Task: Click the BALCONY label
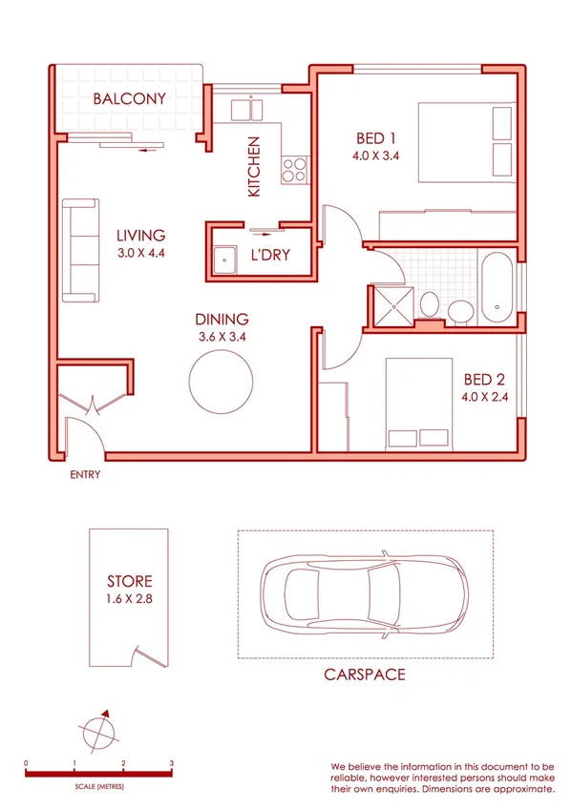pyautogui.click(x=130, y=98)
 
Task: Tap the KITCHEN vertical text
pyautogui.click(x=254, y=167)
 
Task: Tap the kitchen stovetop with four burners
pyautogui.click(x=292, y=171)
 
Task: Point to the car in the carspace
pyautogui.click(x=364, y=593)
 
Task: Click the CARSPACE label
pyautogui.click(x=364, y=674)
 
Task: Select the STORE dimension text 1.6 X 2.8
pyautogui.click(x=130, y=599)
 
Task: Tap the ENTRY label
pyautogui.click(x=85, y=474)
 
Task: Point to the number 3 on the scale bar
pyautogui.click(x=171, y=763)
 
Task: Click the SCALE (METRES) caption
pyautogui.click(x=98, y=787)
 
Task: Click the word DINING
pyautogui.click(x=222, y=320)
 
